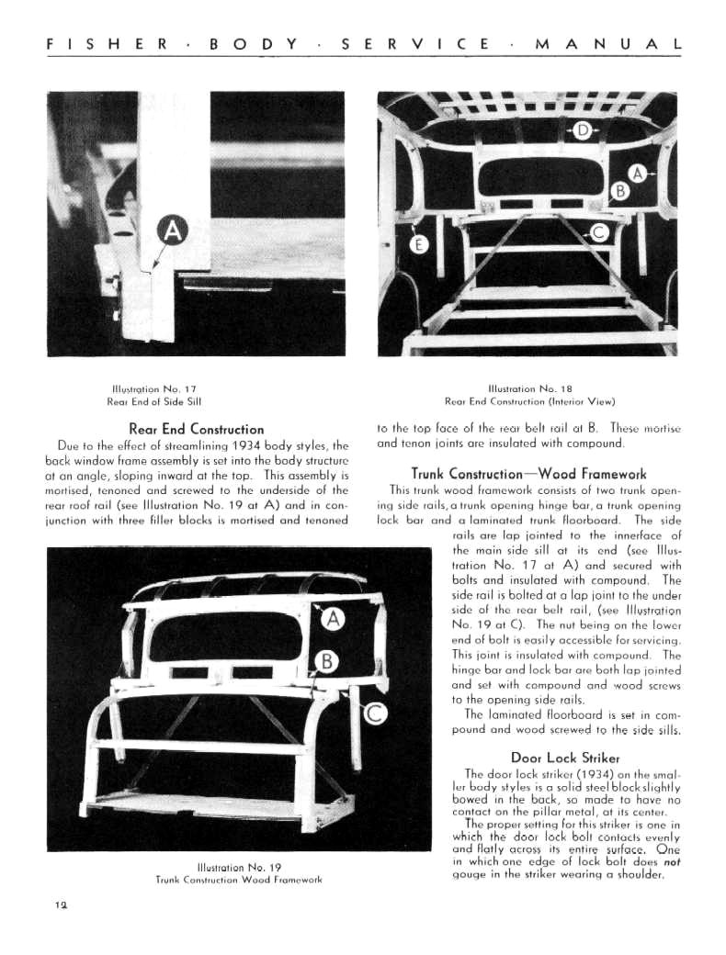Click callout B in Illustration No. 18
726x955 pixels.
620,192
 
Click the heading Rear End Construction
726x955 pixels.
197,429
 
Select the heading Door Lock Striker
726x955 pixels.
564,758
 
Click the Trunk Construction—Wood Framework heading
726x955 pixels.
528,474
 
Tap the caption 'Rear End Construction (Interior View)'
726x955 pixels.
529,400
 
